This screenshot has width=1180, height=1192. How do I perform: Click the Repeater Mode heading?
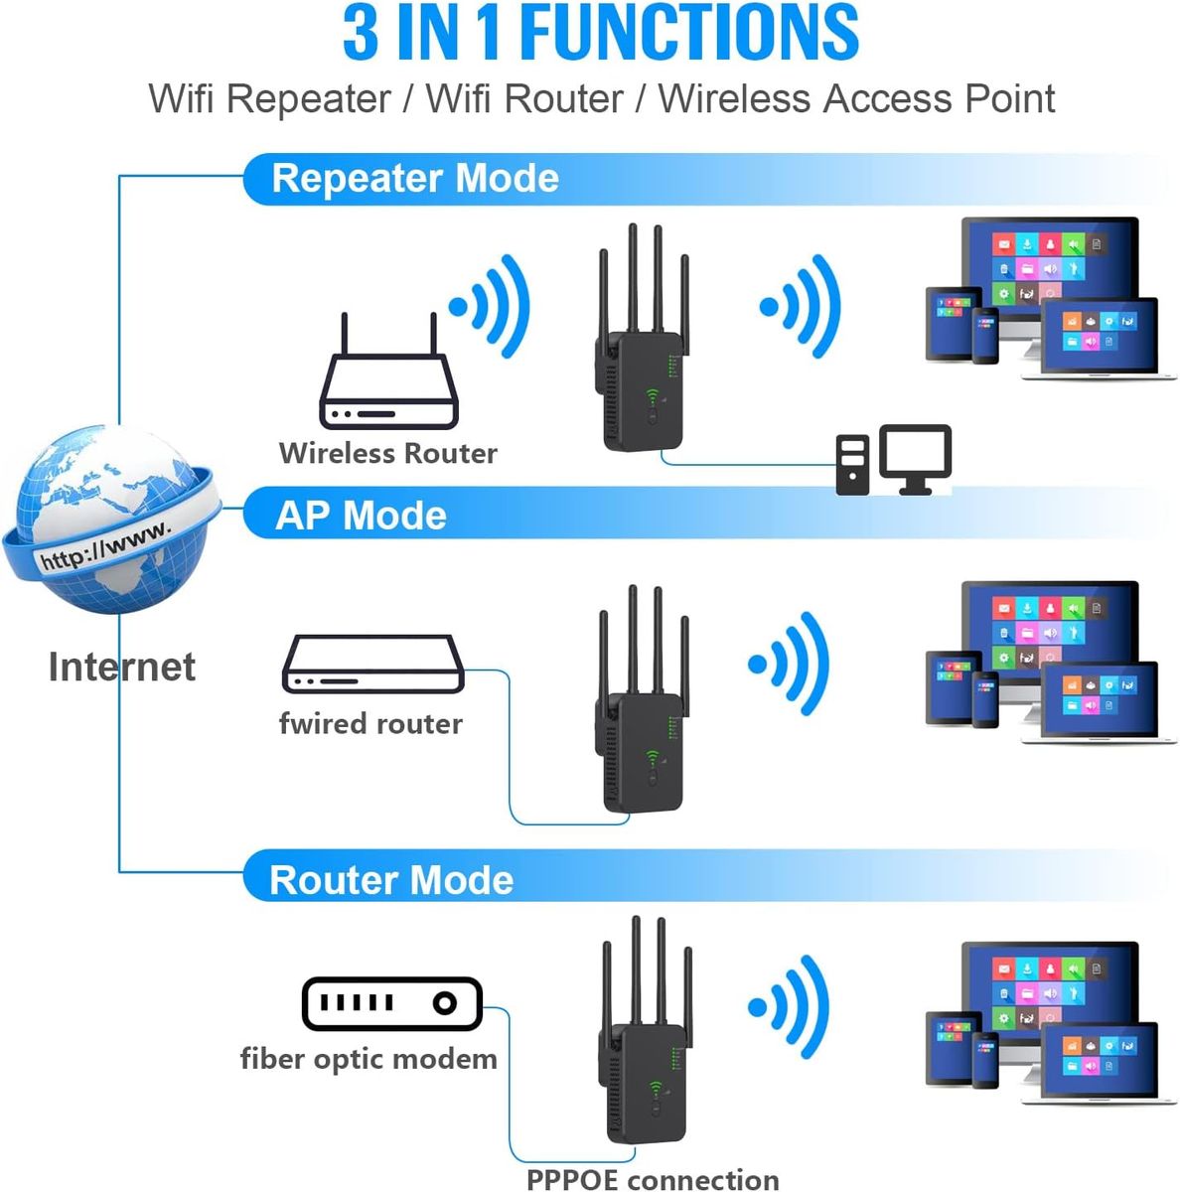tap(415, 179)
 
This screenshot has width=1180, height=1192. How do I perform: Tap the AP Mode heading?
tap(361, 516)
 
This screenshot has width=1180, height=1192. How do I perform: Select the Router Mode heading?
tap(391, 880)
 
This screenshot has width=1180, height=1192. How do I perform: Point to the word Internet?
tap(121, 667)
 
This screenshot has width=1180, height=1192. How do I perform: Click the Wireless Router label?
tap(387, 453)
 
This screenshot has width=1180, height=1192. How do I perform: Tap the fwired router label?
tap(370, 723)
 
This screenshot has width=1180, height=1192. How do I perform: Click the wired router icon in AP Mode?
tap(373, 665)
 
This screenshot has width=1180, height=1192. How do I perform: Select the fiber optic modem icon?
tap(391, 1003)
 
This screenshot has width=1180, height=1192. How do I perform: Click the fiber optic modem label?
tap(369, 1059)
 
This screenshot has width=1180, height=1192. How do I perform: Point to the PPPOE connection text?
tap(653, 1179)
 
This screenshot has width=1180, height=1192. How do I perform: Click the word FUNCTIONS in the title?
tap(689, 32)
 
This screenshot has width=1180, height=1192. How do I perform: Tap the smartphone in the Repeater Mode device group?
tap(984, 336)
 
